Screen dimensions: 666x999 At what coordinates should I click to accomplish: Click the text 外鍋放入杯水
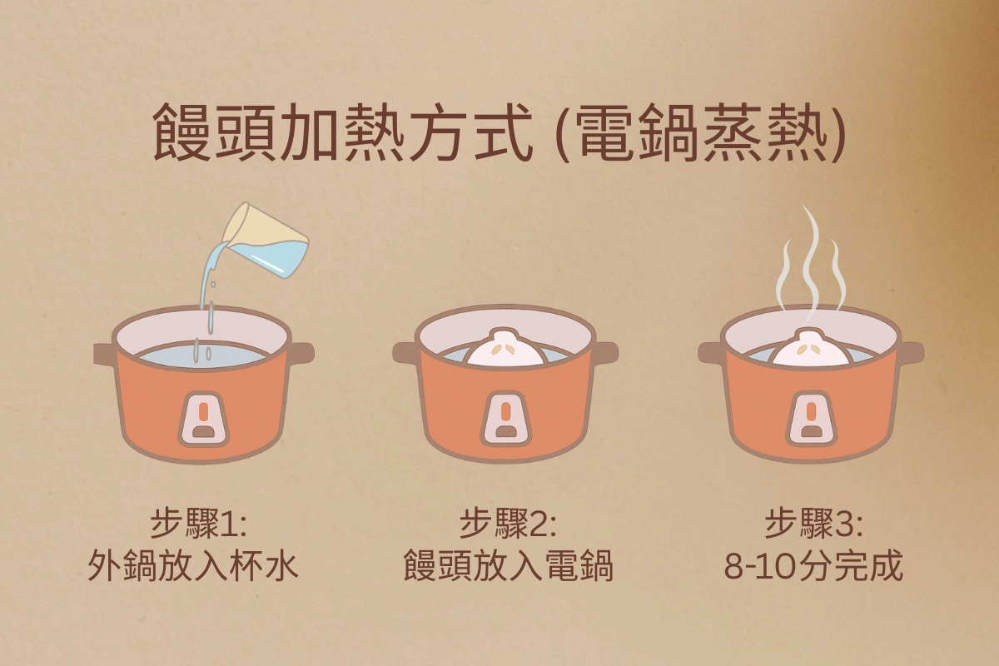pyautogui.click(x=193, y=568)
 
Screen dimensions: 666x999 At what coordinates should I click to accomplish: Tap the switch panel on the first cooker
pyautogui.click(x=203, y=415)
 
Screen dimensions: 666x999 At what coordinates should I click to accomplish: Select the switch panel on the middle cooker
pyautogui.click(x=505, y=415)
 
